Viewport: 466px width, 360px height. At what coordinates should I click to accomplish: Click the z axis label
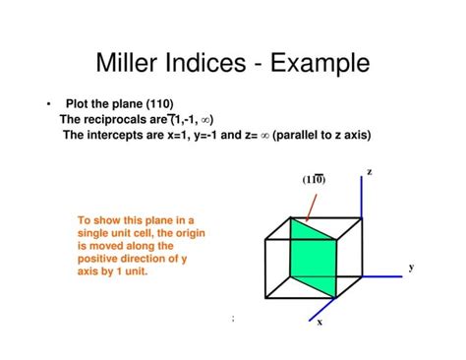point(370,172)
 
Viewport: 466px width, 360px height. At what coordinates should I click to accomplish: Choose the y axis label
point(411,267)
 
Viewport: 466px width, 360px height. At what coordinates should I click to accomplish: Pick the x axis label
point(320,333)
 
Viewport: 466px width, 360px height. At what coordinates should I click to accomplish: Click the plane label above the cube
point(315,179)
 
